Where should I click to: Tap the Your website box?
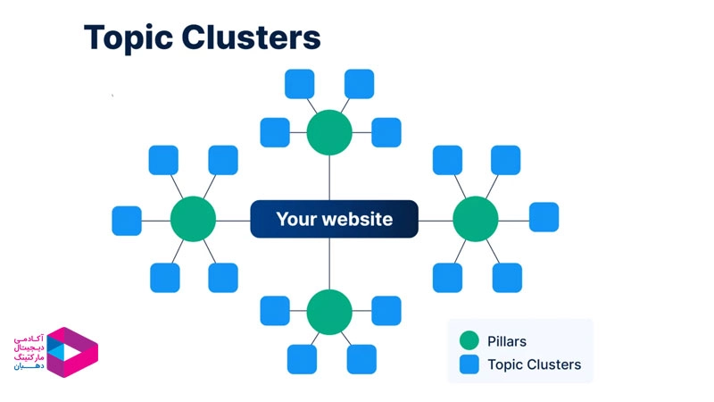[334, 219]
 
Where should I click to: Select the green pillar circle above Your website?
[329, 132]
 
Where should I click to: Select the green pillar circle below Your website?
[329, 312]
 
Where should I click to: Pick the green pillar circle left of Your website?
[193, 220]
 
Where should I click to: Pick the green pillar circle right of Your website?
[475, 220]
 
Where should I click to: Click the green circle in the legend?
[469, 340]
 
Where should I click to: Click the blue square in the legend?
[469, 364]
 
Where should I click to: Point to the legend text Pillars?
[508, 340]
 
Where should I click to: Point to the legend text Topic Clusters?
[534, 364]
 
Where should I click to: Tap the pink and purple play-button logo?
[71, 352]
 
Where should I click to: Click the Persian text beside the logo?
[29, 354]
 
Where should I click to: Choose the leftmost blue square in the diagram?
[127, 221]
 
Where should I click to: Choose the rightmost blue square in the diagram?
[544, 217]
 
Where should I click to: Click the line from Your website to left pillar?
[232, 220]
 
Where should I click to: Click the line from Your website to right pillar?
[435, 220]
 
